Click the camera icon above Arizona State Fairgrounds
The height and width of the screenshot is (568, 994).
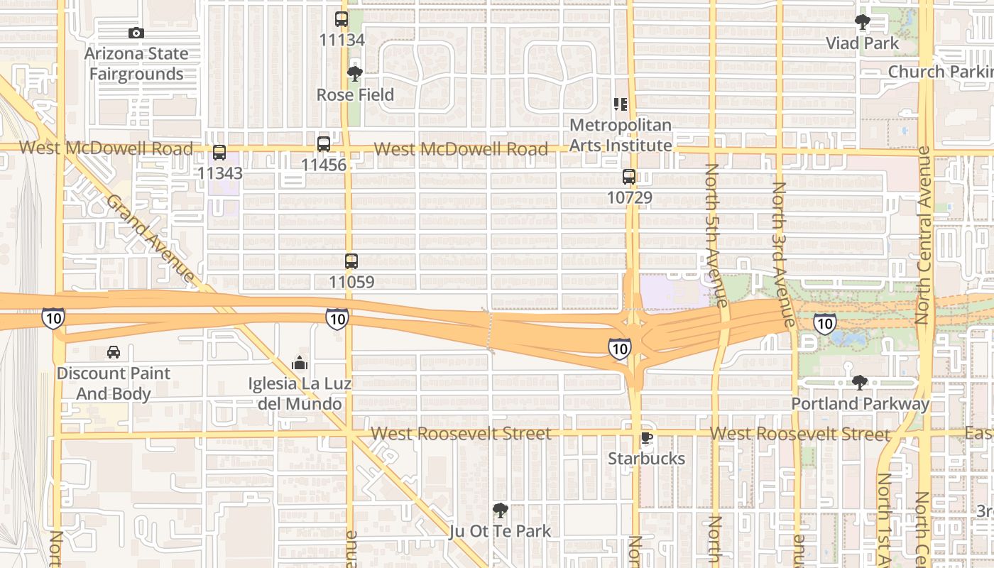coord(136,33)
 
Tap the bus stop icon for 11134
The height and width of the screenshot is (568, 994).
coord(342,19)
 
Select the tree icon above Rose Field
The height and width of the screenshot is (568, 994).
coord(355,74)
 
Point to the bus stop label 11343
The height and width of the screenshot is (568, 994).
coord(220,173)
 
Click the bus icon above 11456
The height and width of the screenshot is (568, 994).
coord(324,144)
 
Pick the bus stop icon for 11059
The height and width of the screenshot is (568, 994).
coord(351,261)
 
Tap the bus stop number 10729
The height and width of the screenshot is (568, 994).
coord(630,197)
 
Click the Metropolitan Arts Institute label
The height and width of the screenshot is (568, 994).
coord(621,135)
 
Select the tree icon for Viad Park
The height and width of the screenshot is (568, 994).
coord(863,23)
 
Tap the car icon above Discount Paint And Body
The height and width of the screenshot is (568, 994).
coord(114,352)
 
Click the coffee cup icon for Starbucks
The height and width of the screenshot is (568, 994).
coord(646,437)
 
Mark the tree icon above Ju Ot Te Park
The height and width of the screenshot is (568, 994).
coord(501,510)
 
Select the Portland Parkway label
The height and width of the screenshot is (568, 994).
coord(861,404)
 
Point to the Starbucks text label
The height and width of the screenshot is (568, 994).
coord(647,459)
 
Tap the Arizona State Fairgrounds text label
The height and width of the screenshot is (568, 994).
coord(136,64)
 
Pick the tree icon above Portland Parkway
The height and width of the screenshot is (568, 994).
coord(860,383)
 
